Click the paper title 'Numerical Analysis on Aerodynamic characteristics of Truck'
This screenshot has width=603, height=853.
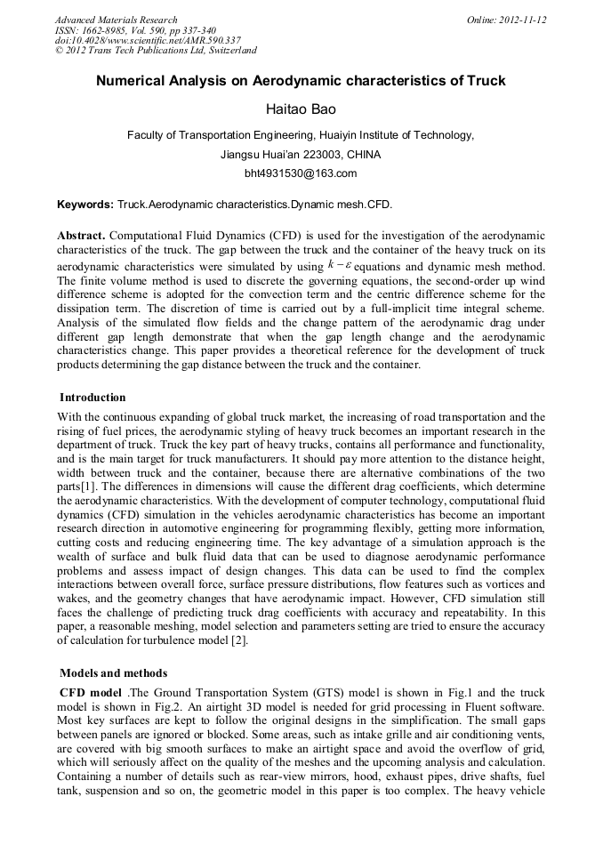click(301, 81)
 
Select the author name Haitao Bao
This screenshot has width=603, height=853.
click(301, 109)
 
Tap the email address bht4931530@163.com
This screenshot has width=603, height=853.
click(301, 173)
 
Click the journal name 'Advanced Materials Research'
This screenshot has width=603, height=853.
click(117, 20)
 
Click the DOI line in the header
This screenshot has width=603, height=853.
click(148, 40)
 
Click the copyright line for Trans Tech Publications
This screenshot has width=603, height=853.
click(156, 51)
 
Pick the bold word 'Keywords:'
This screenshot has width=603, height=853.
click(85, 205)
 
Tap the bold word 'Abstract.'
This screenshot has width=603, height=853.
click(82, 236)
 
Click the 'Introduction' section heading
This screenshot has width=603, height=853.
click(92, 397)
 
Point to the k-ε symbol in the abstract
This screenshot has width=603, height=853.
click(339, 264)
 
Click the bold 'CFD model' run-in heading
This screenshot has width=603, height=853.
click(91, 691)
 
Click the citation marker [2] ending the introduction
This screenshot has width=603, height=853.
click(238, 641)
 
